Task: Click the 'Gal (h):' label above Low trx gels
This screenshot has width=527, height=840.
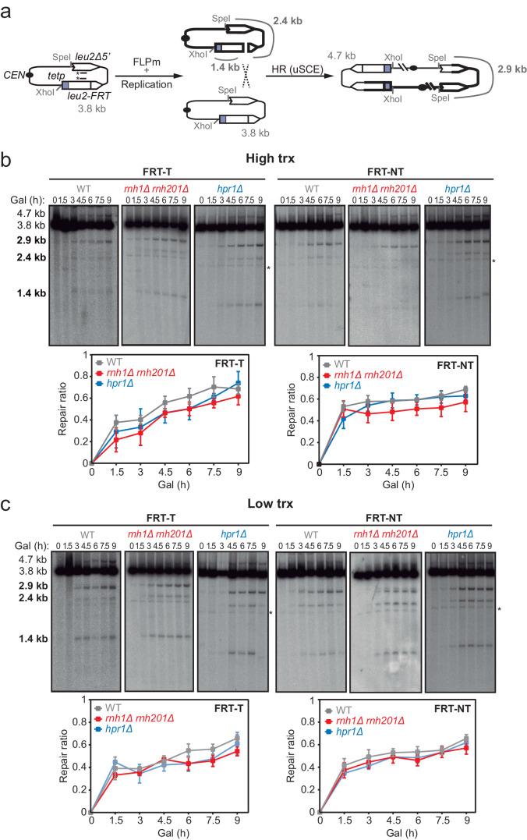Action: coord(25,543)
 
